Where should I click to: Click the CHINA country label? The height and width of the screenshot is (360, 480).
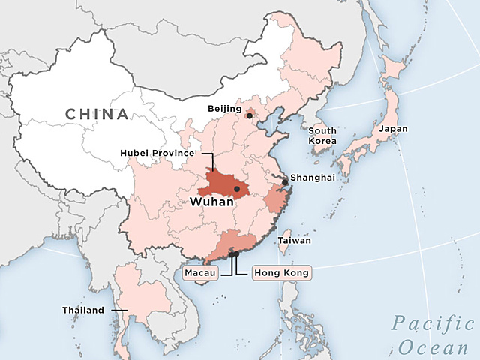(x=96, y=114)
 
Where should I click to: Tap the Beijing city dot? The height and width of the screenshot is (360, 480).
(x=249, y=115)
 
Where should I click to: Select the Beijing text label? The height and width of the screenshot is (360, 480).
(x=225, y=109)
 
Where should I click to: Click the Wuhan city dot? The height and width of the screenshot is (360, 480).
(x=237, y=189)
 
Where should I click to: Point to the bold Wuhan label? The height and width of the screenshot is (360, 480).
(x=211, y=202)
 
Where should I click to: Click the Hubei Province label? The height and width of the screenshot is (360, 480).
(x=156, y=154)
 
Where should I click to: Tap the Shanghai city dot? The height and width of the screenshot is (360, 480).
(x=285, y=182)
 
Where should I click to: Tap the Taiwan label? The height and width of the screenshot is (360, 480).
(x=294, y=241)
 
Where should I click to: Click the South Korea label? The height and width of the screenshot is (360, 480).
(x=322, y=136)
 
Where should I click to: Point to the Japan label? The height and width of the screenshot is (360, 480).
(x=394, y=129)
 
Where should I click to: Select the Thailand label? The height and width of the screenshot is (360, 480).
(x=83, y=310)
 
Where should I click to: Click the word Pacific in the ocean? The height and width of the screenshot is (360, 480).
(x=433, y=324)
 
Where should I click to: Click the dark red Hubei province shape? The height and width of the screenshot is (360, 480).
(x=221, y=184)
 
